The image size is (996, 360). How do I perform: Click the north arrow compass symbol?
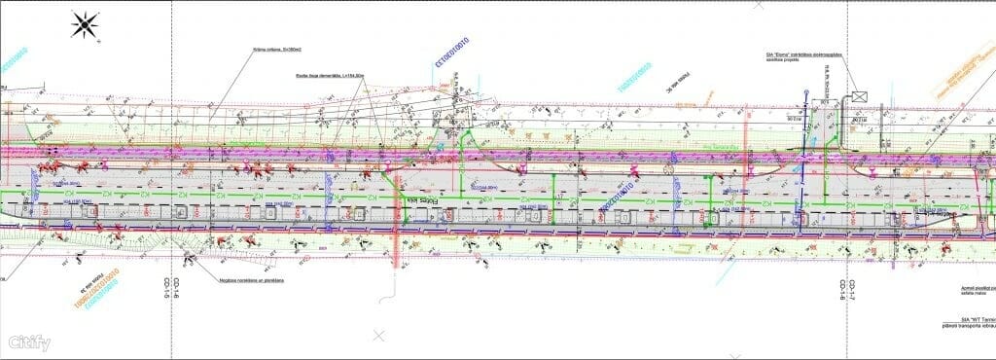coord(86,23)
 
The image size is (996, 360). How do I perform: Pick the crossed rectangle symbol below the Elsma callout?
coord(859,95)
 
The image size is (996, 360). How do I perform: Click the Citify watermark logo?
coord(29,342)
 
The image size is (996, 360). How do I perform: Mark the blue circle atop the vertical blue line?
coord(806,94)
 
